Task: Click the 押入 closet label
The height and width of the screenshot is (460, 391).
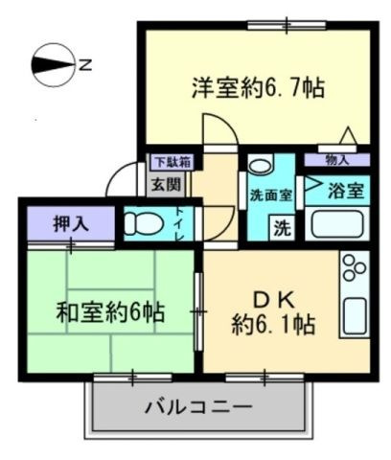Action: (x=70, y=224)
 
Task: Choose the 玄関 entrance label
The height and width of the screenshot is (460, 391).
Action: (x=158, y=183)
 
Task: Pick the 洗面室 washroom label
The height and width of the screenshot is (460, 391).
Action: (x=271, y=195)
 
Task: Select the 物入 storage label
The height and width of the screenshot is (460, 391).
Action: (x=337, y=160)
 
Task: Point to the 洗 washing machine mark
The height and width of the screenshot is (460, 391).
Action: (x=283, y=228)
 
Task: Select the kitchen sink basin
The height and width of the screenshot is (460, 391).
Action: (x=356, y=315)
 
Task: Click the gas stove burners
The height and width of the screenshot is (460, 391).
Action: (x=353, y=271)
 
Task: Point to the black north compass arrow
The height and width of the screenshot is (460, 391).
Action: (x=53, y=65)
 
